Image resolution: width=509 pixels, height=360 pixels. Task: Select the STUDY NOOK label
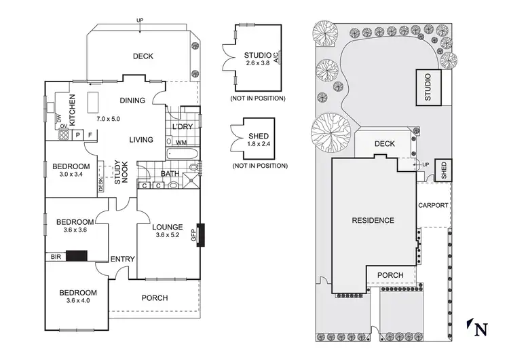(x=121, y=172)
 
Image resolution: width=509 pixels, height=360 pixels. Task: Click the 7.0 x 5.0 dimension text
(x=108, y=119)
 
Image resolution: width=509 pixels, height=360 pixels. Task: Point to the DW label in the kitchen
(x=59, y=119)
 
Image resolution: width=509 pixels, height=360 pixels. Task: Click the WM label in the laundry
(x=181, y=143)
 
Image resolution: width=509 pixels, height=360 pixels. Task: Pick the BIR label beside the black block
(x=54, y=257)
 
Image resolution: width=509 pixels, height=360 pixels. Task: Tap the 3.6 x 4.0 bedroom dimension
(x=78, y=300)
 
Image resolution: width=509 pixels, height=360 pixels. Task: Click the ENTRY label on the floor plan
(x=122, y=259)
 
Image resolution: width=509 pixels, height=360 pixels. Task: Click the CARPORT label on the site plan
(x=433, y=205)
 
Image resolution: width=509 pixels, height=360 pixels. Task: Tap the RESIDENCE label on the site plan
(x=373, y=220)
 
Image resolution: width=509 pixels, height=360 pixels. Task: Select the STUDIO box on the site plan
(x=428, y=88)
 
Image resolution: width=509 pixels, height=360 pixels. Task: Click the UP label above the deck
(x=140, y=20)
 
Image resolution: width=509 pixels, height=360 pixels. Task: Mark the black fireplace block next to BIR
(x=77, y=257)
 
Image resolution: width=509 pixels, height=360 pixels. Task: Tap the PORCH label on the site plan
(x=390, y=275)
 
